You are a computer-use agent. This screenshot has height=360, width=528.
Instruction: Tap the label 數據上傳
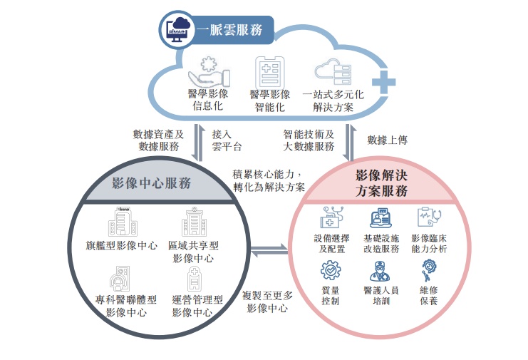click(387, 140)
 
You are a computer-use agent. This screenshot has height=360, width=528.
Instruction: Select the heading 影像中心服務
click(152, 183)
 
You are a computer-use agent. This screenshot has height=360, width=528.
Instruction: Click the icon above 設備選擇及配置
click(331, 217)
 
